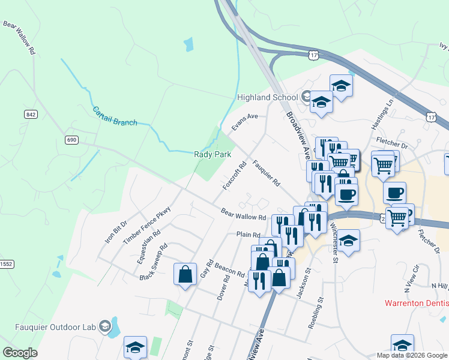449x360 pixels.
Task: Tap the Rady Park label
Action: click(x=212, y=154)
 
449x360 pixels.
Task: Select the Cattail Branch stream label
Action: click(x=114, y=116)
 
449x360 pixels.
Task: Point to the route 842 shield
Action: click(x=31, y=114)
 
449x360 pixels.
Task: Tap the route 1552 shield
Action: click(x=5, y=263)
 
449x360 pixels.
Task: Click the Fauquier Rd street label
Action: click(x=267, y=172)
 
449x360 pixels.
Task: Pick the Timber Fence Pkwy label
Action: click(x=139, y=226)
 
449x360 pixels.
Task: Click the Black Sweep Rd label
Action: click(x=153, y=263)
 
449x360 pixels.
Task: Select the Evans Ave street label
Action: click(x=244, y=121)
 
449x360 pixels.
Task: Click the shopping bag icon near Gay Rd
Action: click(x=185, y=274)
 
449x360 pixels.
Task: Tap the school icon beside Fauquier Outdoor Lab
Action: click(x=105, y=326)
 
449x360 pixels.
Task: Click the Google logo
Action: click(x=20, y=352)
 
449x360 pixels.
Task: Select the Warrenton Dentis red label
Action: click(x=417, y=304)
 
